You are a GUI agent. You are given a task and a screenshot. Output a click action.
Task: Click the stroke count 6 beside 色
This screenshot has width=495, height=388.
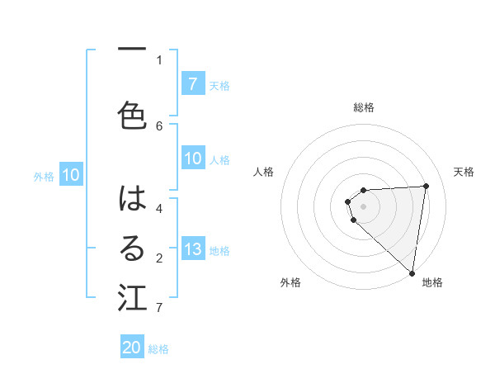click(x=159, y=125)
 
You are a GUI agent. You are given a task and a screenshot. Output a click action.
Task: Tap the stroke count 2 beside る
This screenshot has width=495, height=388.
click(x=159, y=258)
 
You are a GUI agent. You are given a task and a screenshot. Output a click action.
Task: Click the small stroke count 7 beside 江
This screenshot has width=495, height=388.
click(x=159, y=308)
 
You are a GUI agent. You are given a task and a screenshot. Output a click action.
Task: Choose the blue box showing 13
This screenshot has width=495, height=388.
click(x=193, y=250)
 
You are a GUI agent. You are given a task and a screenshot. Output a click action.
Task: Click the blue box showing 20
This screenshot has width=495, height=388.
click(x=132, y=348)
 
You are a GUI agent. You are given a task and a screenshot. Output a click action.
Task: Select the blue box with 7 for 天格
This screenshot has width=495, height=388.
click(x=193, y=83)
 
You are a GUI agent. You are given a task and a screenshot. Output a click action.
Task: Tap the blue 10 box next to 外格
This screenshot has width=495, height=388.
click(x=71, y=175)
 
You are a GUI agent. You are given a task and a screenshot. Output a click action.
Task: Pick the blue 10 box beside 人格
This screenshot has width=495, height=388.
click(x=193, y=159)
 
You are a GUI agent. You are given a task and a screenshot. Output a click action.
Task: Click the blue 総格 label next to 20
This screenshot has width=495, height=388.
click(x=158, y=349)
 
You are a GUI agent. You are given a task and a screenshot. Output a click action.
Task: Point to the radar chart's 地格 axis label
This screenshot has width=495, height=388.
click(x=432, y=282)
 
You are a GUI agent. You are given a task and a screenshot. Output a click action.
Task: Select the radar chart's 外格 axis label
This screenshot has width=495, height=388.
click(x=290, y=282)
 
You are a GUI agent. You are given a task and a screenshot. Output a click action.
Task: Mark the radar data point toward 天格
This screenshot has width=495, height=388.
click(x=426, y=186)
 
